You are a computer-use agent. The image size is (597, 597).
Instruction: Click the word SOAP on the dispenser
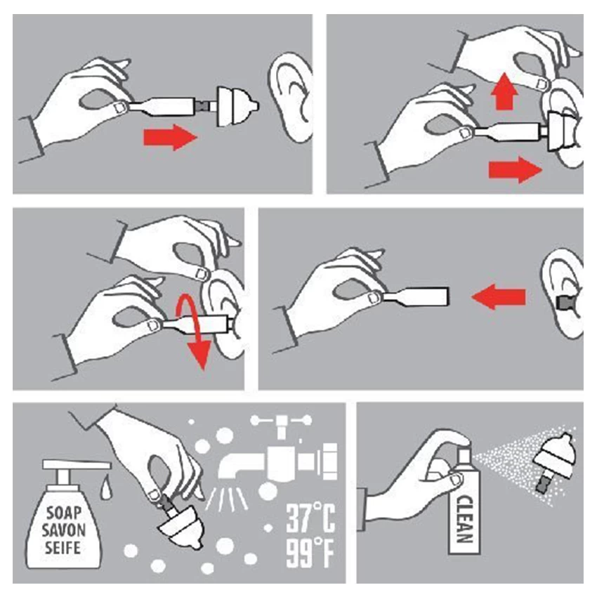64,513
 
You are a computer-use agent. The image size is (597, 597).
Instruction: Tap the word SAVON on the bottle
64,530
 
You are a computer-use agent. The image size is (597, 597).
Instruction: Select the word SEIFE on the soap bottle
63,548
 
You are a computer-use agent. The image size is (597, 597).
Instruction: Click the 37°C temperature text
310,518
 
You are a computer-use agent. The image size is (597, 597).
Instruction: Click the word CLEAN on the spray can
464,519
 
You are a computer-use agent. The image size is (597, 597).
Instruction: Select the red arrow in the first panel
170,137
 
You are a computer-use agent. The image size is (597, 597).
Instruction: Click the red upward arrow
505,91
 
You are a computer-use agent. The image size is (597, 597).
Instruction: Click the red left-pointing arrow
499,296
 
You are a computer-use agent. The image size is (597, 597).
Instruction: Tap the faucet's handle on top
281,421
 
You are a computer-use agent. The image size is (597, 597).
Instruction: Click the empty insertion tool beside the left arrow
416,296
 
